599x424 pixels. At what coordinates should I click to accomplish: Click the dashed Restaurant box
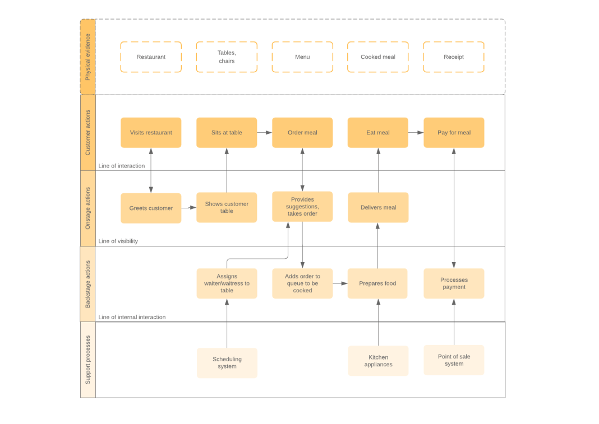coord(151,57)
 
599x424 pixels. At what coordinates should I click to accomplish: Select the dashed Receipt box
coord(453,57)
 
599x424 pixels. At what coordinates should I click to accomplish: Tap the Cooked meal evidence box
coord(377,57)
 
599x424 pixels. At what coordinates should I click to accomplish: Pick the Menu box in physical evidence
coord(302,57)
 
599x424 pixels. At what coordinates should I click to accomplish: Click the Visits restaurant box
coord(151,133)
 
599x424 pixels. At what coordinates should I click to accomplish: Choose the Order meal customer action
coord(302,133)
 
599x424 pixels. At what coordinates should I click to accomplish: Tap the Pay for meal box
coord(453,133)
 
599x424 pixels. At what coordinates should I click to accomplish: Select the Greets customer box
coord(151,208)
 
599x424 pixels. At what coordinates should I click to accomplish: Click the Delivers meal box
coord(378,208)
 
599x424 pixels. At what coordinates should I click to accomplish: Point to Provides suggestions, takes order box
coord(302,207)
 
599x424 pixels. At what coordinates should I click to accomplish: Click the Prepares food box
coord(377,283)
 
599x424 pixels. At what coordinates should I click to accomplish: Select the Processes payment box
coord(453,283)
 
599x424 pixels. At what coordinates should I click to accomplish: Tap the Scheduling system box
coord(227,363)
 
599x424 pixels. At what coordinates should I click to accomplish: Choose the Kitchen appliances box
coord(378,361)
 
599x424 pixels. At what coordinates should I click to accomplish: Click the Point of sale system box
coord(453,360)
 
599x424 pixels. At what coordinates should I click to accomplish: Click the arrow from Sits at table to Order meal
coord(265,133)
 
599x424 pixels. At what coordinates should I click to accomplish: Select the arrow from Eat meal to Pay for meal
coord(416,133)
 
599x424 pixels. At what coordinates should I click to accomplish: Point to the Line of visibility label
coord(118,241)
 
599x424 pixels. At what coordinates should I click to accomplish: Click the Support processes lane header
coord(87,360)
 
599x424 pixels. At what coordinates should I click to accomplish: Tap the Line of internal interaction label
coord(132,317)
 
